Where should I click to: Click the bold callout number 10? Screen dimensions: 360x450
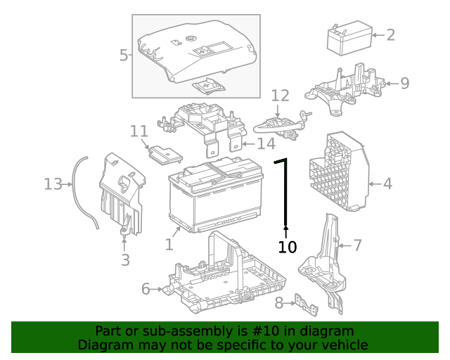[288, 247]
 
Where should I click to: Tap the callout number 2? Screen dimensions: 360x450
[390, 34]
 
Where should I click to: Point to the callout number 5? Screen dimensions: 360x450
[124, 55]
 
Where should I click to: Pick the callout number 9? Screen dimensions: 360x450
[404, 83]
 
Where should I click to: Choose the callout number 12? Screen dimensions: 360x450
[280, 95]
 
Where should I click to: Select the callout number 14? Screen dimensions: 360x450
[265, 144]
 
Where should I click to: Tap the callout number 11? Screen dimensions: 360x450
[139, 131]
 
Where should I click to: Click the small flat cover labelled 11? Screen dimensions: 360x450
[166, 154]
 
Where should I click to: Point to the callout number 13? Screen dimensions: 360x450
[53, 184]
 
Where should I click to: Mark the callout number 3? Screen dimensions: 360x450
[125, 260]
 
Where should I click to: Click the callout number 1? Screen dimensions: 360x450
[169, 244]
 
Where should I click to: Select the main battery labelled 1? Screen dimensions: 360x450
[214, 197]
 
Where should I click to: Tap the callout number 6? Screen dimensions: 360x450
[146, 288]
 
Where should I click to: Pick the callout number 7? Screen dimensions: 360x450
[357, 245]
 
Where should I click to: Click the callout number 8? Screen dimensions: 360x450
[278, 303]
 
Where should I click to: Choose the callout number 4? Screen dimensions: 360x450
[387, 184]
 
